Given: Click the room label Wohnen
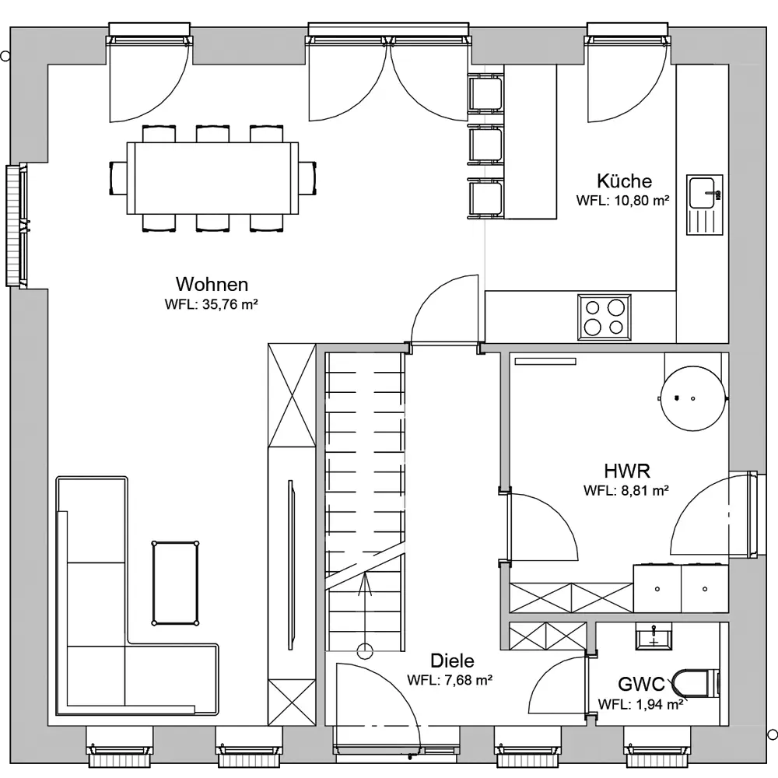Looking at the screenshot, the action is pyautogui.click(x=212, y=284).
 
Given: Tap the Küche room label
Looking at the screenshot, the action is pyautogui.click(x=624, y=181).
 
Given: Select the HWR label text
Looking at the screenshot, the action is pyautogui.click(x=627, y=471).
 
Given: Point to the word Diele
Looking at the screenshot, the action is pyautogui.click(x=452, y=661).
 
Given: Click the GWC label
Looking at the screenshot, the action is pyautogui.click(x=641, y=685).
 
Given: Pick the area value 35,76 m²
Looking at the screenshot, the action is pyautogui.click(x=230, y=304).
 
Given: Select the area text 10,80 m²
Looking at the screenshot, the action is pyautogui.click(x=642, y=201).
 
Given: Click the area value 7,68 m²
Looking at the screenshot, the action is pyautogui.click(x=468, y=680).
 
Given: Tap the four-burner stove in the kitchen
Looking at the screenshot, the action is pyautogui.click(x=605, y=317).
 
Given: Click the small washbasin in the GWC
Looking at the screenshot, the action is pyautogui.click(x=654, y=636).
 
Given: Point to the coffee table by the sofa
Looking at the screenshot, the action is pyautogui.click(x=175, y=583).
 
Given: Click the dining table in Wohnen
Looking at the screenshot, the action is pyautogui.click(x=212, y=178).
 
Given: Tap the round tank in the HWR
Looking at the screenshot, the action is pyautogui.click(x=693, y=398).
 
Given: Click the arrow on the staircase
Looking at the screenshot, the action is pyautogui.click(x=365, y=610).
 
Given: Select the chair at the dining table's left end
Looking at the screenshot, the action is pyautogui.click(x=118, y=178).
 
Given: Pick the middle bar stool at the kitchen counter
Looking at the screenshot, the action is pyautogui.click(x=485, y=145).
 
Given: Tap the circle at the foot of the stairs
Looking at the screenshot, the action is pyautogui.click(x=365, y=651).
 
